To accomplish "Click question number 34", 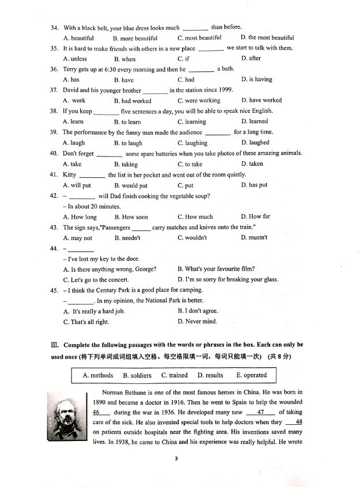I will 55,28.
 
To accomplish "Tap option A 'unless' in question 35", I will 75,59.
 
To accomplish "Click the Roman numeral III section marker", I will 55,345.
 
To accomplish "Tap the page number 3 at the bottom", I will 179,458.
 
